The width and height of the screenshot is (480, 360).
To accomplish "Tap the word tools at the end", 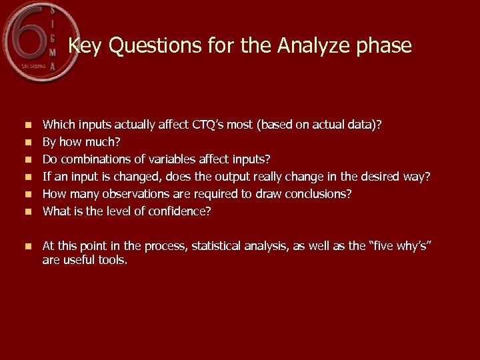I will click(x=112, y=260).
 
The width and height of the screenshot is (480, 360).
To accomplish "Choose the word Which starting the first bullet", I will click(x=58, y=124).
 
